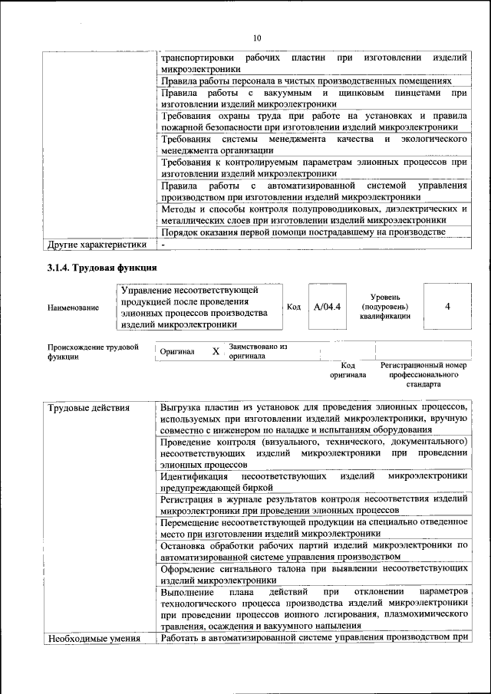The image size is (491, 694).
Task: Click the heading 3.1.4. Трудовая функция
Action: pos(102,268)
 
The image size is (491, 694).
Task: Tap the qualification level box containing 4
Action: pos(447,306)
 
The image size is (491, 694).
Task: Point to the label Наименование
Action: pos(73,308)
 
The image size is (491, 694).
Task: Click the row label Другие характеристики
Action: pos(96,245)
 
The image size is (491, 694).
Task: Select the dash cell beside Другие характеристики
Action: pos(164,245)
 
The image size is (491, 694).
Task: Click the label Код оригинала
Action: pos(348,370)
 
